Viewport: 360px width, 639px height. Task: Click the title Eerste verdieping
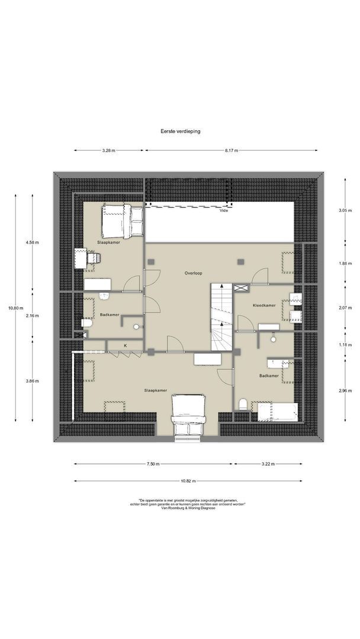tap(180, 132)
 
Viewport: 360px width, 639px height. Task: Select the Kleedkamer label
tap(264, 305)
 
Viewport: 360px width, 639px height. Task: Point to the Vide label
tap(223, 210)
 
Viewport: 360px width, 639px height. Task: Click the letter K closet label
tap(125, 346)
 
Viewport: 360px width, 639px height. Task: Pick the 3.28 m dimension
tap(108, 151)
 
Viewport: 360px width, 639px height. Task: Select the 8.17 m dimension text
tap(231, 151)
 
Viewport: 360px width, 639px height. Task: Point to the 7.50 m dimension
tap(152, 464)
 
